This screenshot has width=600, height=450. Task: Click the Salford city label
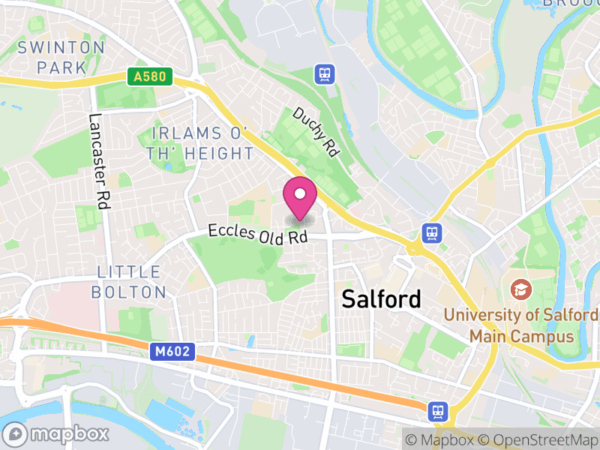(x=381, y=298)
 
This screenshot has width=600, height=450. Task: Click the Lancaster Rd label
(x=99, y=160)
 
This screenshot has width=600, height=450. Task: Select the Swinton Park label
(x=61, y=57)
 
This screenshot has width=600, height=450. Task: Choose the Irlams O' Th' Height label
(x=202, y=143)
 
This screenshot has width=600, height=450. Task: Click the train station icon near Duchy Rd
(x=324, y=73)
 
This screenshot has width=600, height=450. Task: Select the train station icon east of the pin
(x=431, y=232)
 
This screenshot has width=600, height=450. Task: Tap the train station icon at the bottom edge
(x=438, y=410)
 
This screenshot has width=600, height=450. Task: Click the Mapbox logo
(x=57, y=433)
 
